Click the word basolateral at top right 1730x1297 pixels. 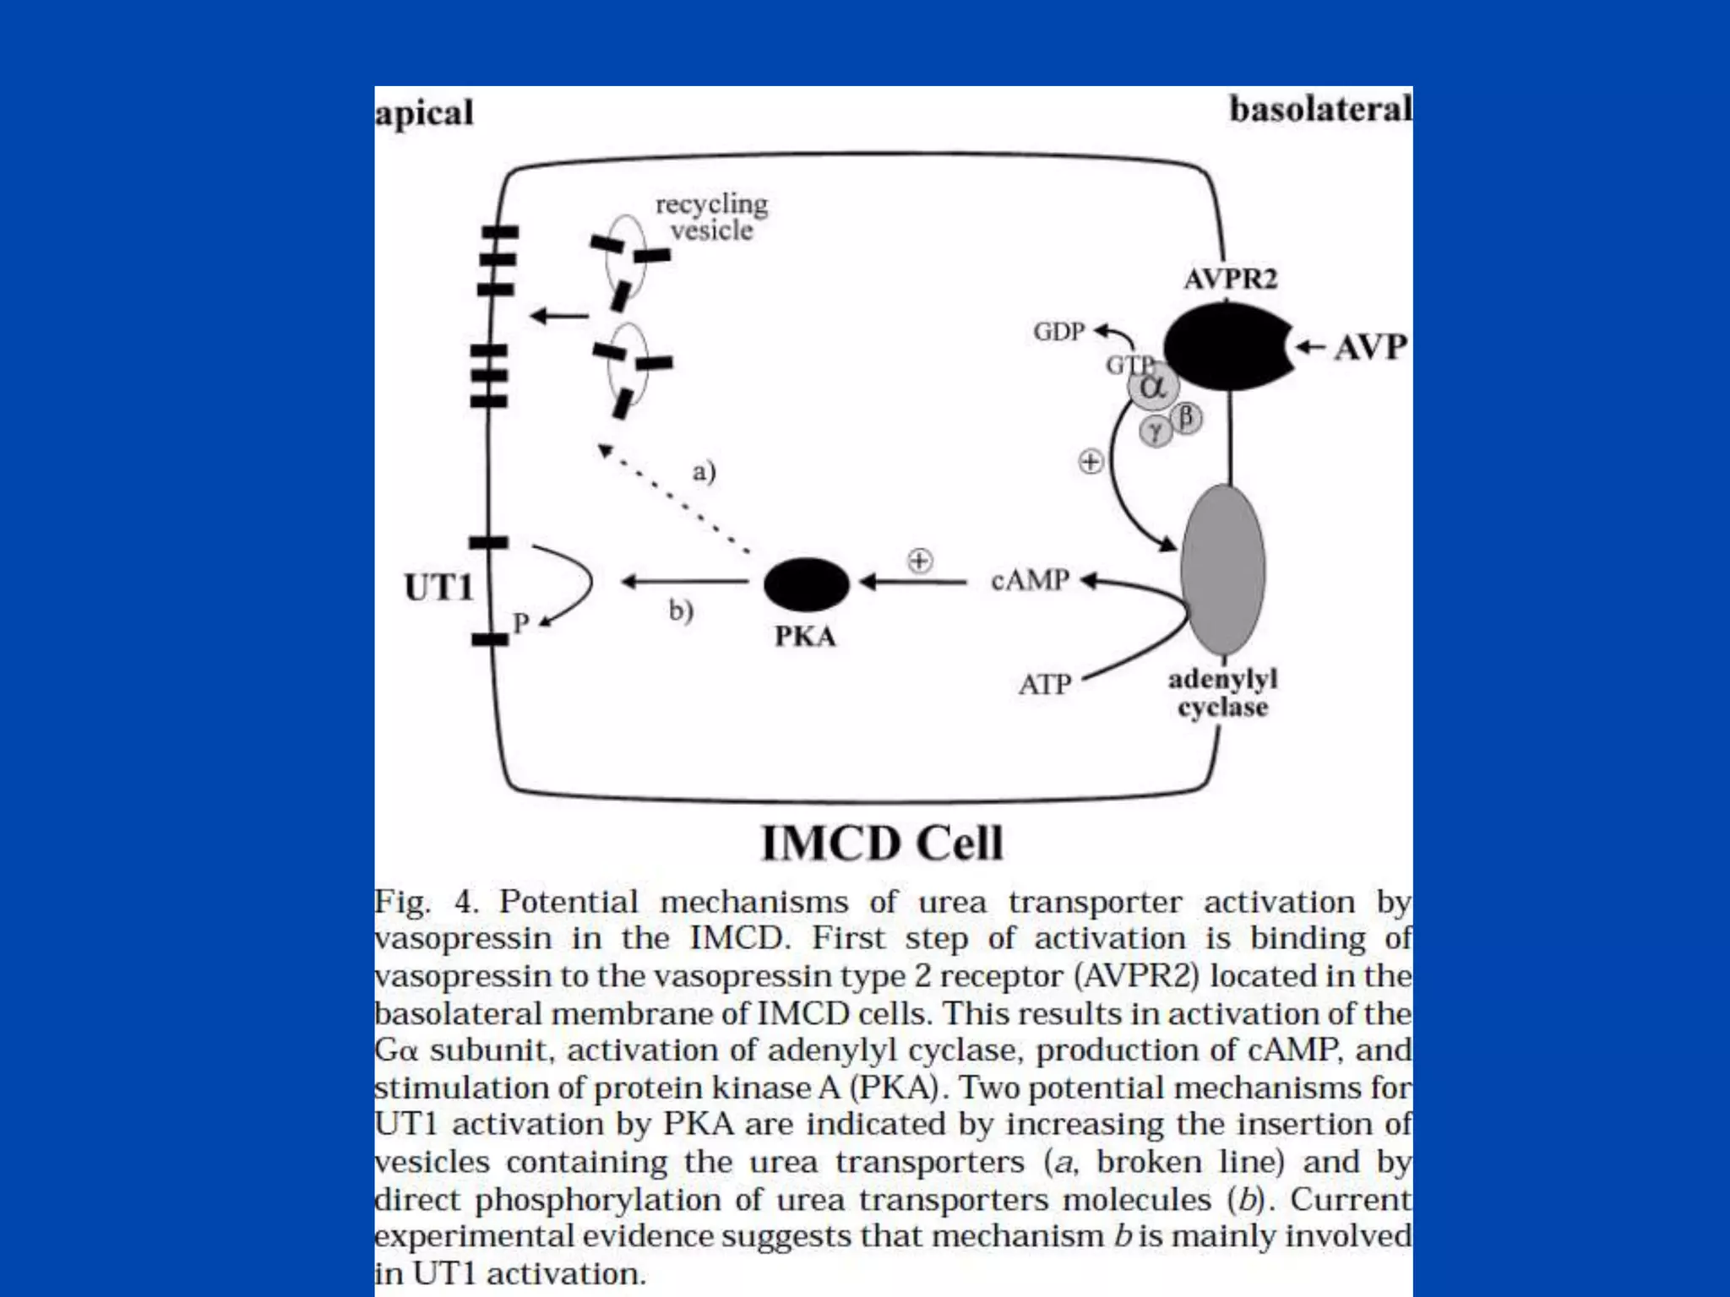pyautogui.click(x=1319, y=110)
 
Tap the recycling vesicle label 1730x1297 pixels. pyautogui.click(x=712, y=217)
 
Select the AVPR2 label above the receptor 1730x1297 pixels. pyautogui.click(x=1230, y=279)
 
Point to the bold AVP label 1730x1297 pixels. pyautogui.click(x=1370, y=347)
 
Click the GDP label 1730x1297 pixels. pyautogui.click(x=1058, y=332)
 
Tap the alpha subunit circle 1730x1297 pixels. pyautogui.click(x=1153, y=388)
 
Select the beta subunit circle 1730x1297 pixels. pyautogui.click(x=1187, y=417)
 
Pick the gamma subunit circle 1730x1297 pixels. pyautogui.click(x=1155, y=433)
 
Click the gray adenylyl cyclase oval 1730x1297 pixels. pyautogui.click(x=1223, y=569)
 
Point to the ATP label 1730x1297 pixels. pyautogui.click(x=1044, y=684)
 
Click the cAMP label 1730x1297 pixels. pyautogui.click(x=1030, y=580)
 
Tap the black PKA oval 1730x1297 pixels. pyautogui.click(x=806, y=583)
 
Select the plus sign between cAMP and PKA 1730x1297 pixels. pyautogui.click(x=920, y=561)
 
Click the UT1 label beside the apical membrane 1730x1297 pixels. pyautogui.click(x=438, y=588)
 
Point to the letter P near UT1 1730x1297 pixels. pyautogui.click(x=521, y=623)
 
